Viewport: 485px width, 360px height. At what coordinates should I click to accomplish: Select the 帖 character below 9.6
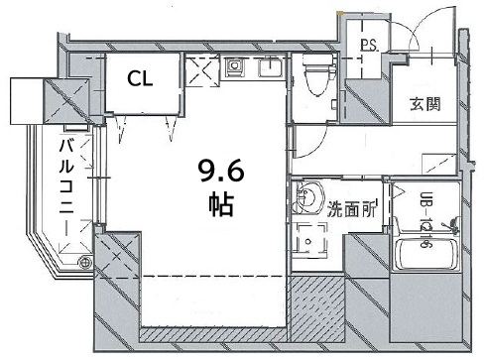(220, 206)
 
